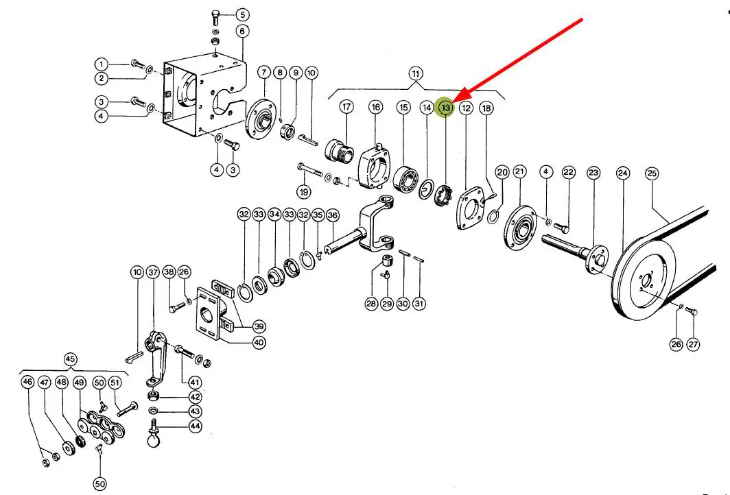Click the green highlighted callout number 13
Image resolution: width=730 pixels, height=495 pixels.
tap(446, 108)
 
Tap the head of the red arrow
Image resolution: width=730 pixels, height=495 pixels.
tap(455, 100)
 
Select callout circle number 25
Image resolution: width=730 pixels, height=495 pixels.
tap(651, 174)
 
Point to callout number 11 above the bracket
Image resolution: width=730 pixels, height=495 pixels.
tap(416, 73)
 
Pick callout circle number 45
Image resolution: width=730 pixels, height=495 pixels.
tap(70, 359)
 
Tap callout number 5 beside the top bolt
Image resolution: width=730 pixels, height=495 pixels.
tap(242, 14)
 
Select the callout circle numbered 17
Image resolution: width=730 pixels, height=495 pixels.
tap(346, 108)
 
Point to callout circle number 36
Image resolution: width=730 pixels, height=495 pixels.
tap(333, 215)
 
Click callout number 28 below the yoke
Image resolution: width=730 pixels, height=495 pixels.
tap(371, 304)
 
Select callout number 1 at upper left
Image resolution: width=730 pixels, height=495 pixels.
tap(102, 64)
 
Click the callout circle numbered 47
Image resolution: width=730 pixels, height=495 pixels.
tap(45, 382)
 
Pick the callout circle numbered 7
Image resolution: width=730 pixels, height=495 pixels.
tap(263, 72)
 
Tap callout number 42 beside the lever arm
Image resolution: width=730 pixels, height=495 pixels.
tap(196, 397)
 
